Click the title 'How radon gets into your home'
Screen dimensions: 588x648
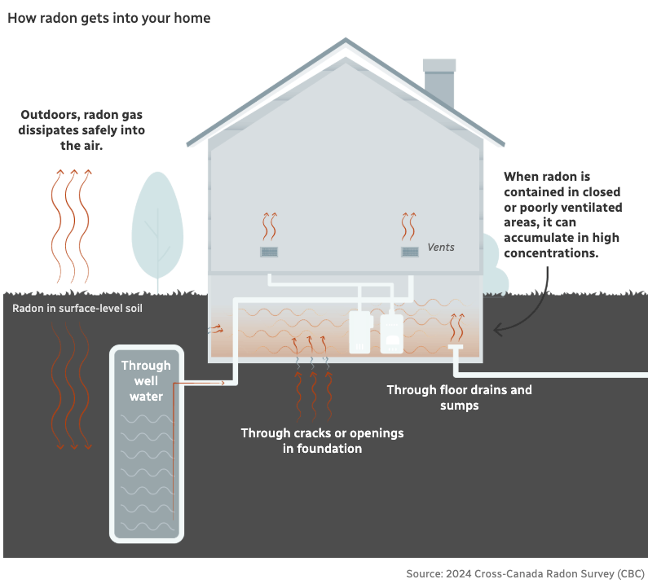click(108, 18)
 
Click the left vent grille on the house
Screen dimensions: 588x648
click(269, 252)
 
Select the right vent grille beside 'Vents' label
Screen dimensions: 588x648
click(410, 252)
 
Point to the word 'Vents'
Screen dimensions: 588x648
click(441, 247)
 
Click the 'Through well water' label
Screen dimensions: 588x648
click(146, 381)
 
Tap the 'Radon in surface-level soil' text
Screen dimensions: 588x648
click(77, 309)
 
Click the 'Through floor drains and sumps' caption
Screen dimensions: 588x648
click(459, 397)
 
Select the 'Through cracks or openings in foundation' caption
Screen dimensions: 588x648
click(322, 440)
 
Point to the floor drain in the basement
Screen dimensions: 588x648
click(455, 348)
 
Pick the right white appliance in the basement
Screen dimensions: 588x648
click(391, 332)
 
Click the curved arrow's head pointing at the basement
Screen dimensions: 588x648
click(497, 330)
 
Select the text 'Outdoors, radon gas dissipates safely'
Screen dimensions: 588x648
click(82, 122)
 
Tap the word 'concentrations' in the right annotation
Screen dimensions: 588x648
click(551, 253)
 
